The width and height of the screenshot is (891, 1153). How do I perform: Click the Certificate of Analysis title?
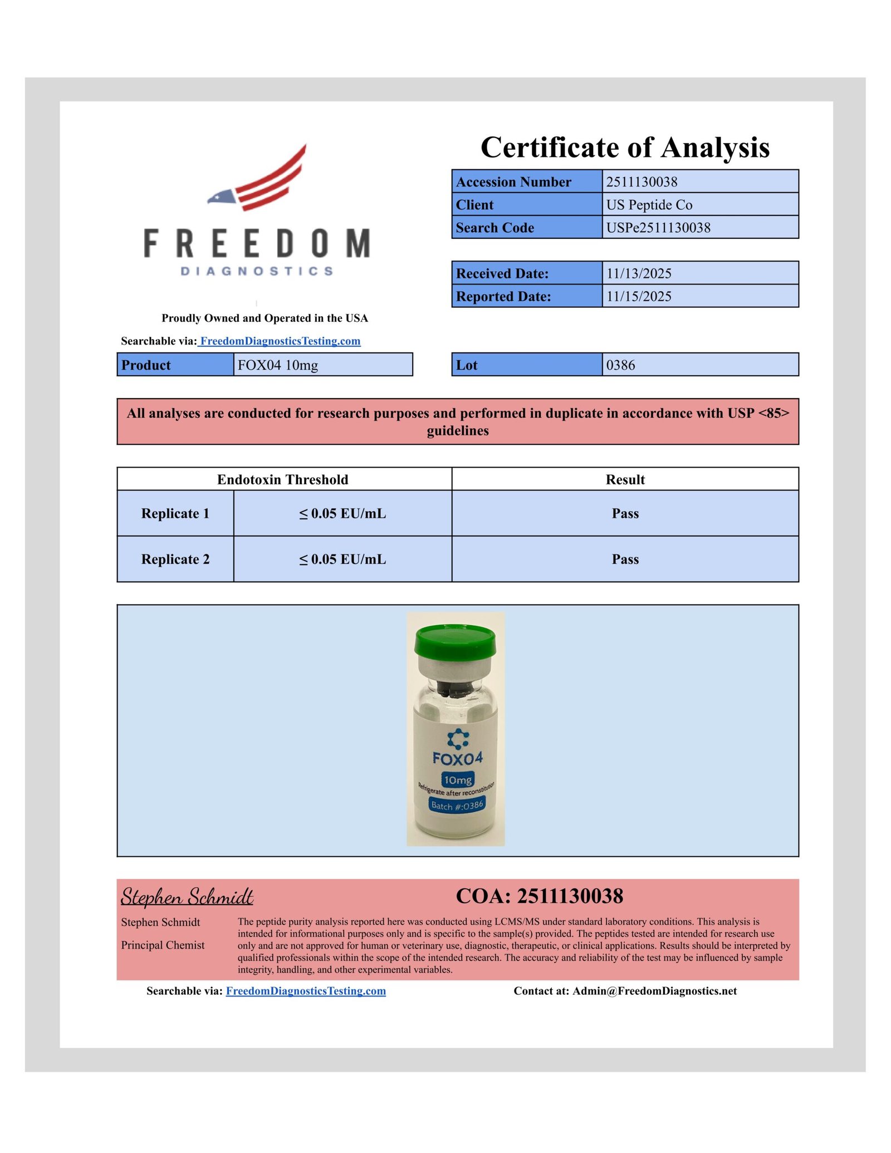(625, 148)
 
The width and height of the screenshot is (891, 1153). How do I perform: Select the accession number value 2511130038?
(642, 182)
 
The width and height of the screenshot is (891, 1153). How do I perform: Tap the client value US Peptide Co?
(649, 205)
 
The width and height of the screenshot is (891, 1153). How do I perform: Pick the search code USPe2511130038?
(658, 228)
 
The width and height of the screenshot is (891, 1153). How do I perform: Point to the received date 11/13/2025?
(639, 273)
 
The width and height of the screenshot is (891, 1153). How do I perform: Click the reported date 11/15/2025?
(639, 296)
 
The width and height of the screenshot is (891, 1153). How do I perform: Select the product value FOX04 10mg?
(278, 365)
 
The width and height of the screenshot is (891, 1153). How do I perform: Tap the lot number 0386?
(620, 365)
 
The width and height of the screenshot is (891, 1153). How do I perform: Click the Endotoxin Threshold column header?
(282, 479)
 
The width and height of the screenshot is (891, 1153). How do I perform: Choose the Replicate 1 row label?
(175, 513)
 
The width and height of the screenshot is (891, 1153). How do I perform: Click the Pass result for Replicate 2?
(625, 559)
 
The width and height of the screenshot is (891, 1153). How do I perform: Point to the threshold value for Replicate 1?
(342, 513)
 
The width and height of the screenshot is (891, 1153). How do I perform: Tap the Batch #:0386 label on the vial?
(457, 805)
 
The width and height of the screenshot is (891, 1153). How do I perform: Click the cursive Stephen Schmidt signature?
(187, 897)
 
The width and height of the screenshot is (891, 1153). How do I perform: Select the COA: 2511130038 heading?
(539, 896)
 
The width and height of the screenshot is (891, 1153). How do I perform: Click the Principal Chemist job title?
(163, 945)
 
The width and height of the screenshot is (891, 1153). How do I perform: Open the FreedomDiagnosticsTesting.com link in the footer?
(306, 991)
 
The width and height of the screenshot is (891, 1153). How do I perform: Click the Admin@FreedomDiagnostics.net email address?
(654, 991)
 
